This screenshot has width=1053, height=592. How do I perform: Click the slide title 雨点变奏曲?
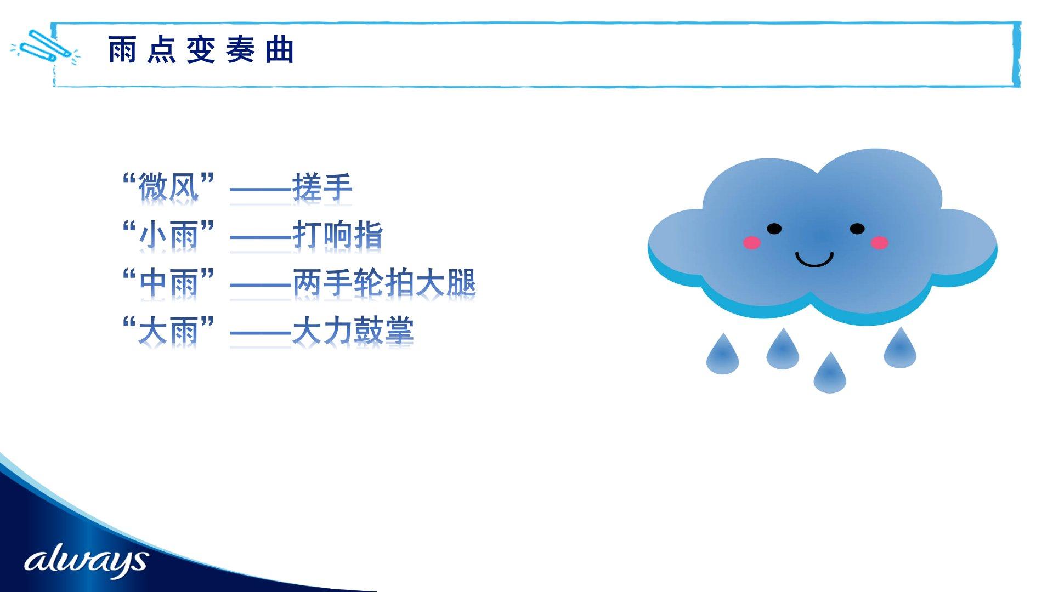[x=201, y=50]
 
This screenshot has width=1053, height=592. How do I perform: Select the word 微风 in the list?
[x=168, y=187]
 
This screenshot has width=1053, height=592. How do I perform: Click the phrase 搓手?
[x=322, y=187]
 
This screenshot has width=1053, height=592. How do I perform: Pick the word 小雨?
[x=168, y=235]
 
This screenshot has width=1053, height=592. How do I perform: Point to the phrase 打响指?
[x=337, y=235]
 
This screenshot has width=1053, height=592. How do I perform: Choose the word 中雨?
[x=168, y=283]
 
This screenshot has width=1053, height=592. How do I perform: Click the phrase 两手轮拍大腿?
[x=384, y=283]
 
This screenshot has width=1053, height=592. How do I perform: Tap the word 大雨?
[x=168, y=331]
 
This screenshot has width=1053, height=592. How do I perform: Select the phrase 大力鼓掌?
[x=353, y=331]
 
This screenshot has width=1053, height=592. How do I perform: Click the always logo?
[x=86, y=560]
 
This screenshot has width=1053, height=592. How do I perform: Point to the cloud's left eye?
[x=774, y=229]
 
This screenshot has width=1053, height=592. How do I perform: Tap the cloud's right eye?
[x=857, y=229]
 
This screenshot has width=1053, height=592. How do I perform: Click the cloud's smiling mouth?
[x=814, y=264]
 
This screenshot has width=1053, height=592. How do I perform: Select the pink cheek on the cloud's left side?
[x=752, y=242]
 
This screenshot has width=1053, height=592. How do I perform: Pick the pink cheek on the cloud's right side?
[x=879, y=242]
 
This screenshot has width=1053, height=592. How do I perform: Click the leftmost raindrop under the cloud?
[x=723, y=356]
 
